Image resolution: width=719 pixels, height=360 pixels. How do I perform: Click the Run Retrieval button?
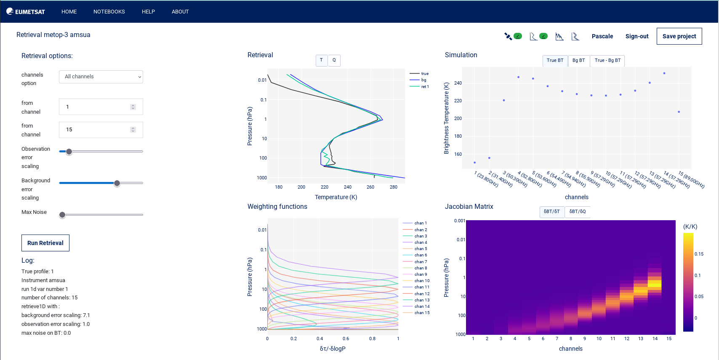pyautogui.click(x=45, y=243)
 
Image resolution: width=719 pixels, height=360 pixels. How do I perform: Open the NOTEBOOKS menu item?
pyautogui.click(x=109, y=12)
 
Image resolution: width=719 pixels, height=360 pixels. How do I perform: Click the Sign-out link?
pyautogui.click(x=636, y=36)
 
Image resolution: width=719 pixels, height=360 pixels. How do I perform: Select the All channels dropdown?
pyautogui.click(x=101, y=77)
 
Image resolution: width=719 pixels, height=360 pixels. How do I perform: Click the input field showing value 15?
pyautogui.click(x=97, y=130)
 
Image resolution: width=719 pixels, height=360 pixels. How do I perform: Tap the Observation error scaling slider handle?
pyautogui.click(x=69, y=152)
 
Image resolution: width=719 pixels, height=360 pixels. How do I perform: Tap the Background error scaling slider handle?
pyautogui.click(x=117, y=183)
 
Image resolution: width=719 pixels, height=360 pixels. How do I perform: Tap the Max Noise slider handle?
pyautogui.click(x=62, y=215)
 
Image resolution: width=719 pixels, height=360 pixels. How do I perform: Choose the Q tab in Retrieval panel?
pyautogui.click(x=334, y=60)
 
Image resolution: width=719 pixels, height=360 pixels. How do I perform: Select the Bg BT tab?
pyautogui.click(x=578, y=61)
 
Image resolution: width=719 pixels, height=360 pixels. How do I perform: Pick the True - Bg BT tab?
pyautogui.click(x=607, y=61)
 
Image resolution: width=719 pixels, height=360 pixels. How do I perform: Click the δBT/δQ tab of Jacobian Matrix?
pyautogui.click(x=577, y=211)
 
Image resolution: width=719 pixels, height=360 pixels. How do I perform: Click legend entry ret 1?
pyautogui.click(x=425, y=87)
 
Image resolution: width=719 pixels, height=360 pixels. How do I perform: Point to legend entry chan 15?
pyautogui.click(x=422, y=313)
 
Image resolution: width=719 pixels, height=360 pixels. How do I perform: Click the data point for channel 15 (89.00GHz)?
pyautogui.click(x=679, y=112)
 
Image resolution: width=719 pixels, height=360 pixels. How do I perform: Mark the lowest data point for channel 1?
pyautogui.click(x=474, y=163)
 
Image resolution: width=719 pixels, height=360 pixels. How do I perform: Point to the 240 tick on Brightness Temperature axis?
pyautogui.click(x=458, y=83)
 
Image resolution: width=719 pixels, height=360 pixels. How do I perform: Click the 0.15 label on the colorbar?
pyautogui.click(x=699, y=254)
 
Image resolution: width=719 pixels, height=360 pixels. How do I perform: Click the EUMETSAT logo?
pyautogui.click(x=26, y=12)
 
